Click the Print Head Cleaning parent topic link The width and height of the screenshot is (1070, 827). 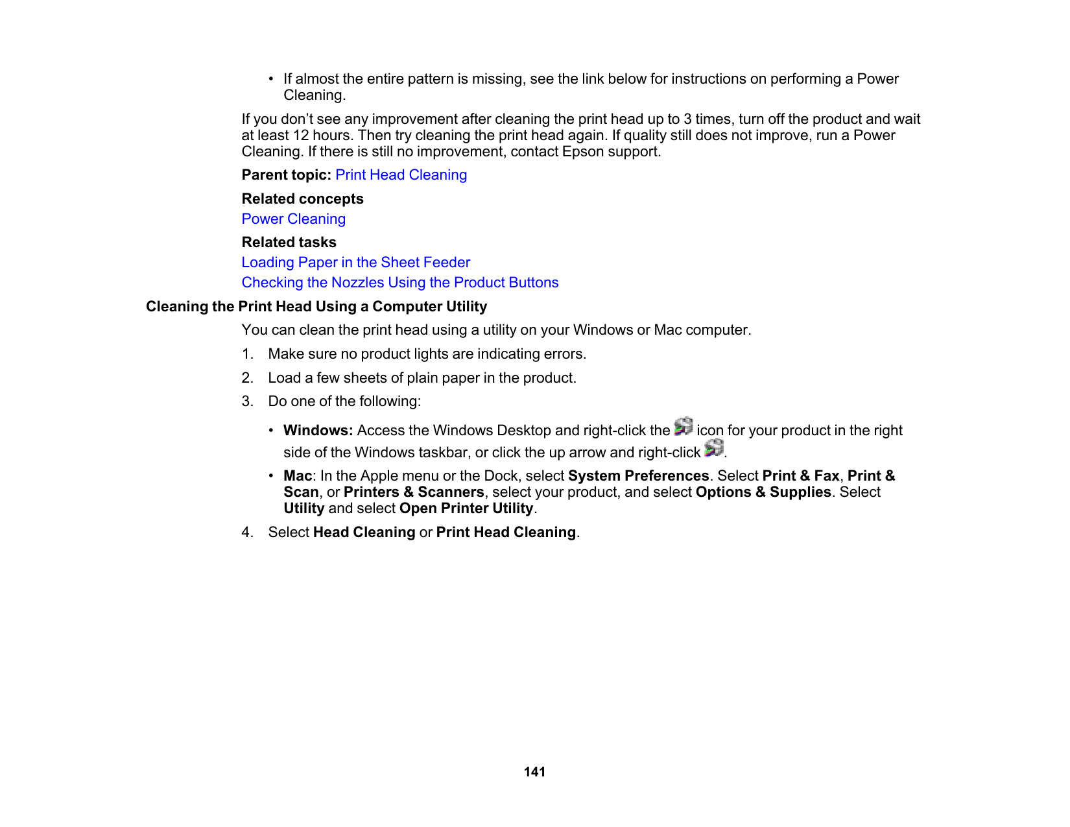coord(401,175)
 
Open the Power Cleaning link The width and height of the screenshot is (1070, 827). coord(293,219)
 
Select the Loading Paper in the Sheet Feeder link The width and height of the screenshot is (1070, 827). coord(355,263)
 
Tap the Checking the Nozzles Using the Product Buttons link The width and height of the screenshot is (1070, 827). coord(399,283)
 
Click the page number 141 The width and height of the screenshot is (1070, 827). coord(534,772)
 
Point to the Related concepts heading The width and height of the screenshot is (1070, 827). coord(302,199)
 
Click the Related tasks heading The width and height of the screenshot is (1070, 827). coord(289,243)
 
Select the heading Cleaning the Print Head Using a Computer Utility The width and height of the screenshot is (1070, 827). coord(316,307)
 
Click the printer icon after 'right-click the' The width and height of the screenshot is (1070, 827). coord(684,427)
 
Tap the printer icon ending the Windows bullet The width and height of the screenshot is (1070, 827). coord(713,448)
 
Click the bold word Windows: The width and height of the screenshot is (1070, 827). coord(318,431)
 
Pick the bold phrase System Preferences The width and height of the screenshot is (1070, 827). coord(638,476)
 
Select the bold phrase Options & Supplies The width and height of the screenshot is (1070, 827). coord(763,492)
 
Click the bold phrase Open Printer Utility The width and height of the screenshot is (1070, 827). coord(466,509)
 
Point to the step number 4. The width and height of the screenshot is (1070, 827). coord(247,533)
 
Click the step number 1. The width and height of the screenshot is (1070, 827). coord(247,354)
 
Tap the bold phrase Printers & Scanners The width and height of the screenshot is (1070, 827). coord(413,492)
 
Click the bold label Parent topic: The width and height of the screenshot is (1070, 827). coord(286,175)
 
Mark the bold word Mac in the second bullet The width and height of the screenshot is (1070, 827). coord(297,476)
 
